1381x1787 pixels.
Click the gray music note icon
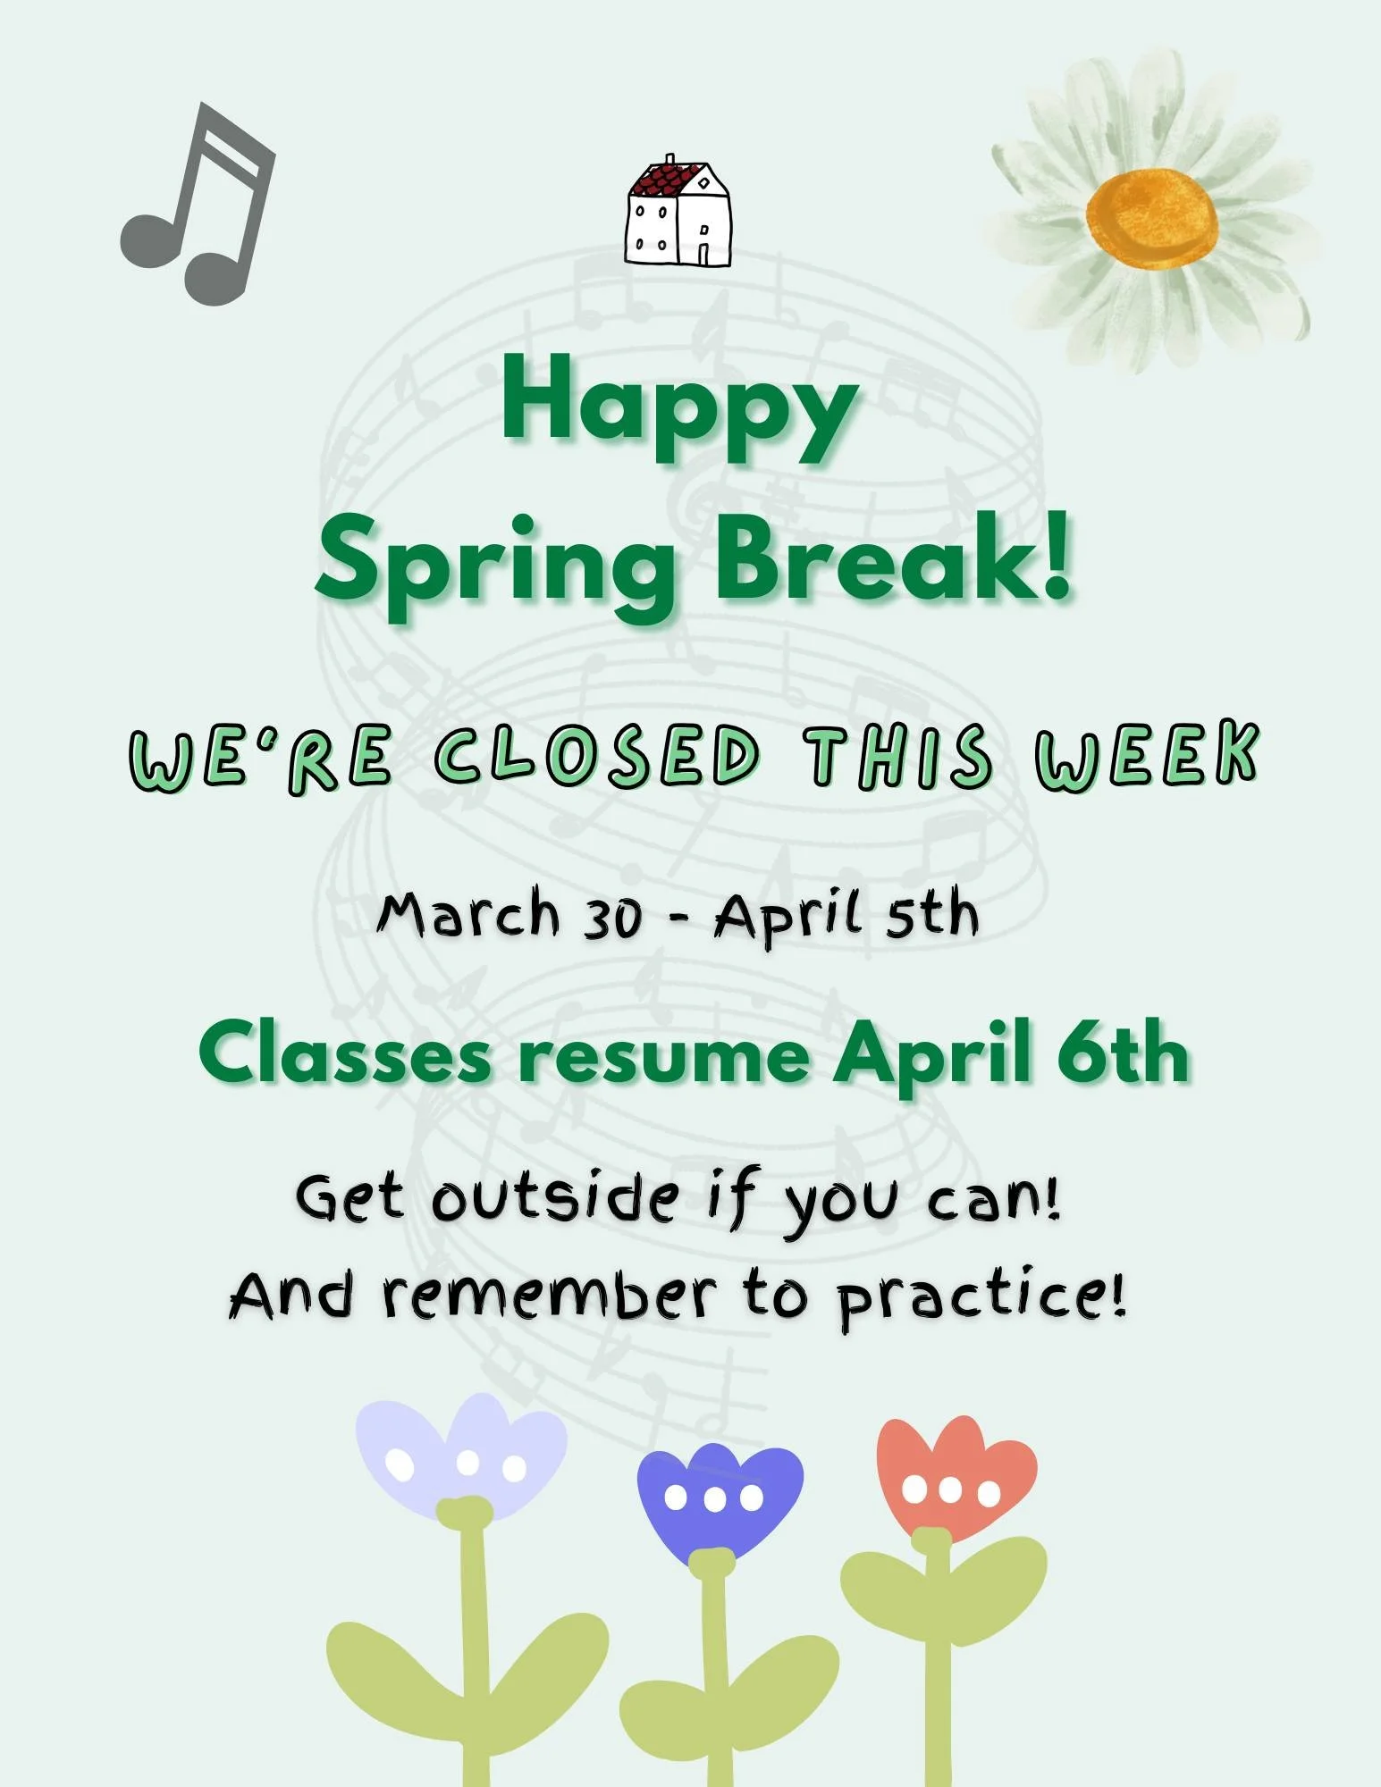(198, 206)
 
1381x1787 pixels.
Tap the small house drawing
(678, 214)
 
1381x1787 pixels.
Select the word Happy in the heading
(679, 407)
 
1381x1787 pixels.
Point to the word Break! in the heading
(894, 558)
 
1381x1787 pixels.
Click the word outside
(554, 1199)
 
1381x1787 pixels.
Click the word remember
(549, 1295)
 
